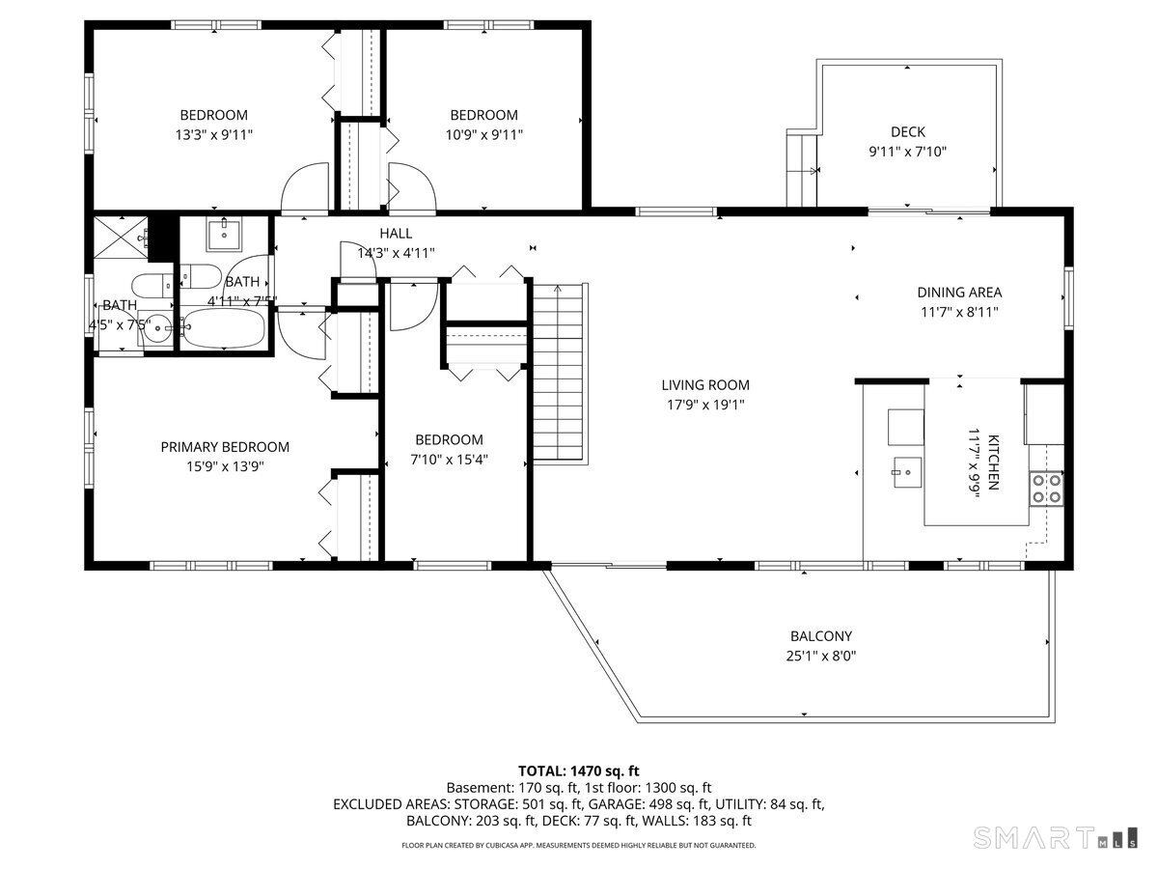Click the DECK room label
point(907,132)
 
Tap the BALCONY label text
point(821,636)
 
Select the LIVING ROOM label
point(704,385)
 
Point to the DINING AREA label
point(958,293)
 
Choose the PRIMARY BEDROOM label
point(225,447)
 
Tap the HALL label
point(396,234)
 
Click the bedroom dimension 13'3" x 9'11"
point(214,135)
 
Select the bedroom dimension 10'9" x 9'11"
point(483,135)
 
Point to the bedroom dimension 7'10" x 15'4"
point(449,461)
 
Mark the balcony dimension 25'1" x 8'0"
point(821,656)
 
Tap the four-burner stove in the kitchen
point(1046,489)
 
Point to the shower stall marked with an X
point(120,238)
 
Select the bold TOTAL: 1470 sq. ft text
point(579,771)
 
